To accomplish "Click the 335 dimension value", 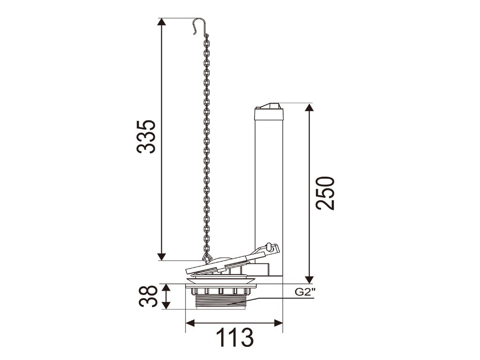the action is coord(146,136).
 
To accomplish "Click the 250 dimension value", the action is coord(325,193).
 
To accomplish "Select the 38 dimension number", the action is coord(148,296).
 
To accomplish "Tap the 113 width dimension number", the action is coord(235,337).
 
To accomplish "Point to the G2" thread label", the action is coord(305,292).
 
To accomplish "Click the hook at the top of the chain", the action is coord(199,26).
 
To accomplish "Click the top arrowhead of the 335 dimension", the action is coord(162,22).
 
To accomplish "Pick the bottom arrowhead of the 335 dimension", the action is coord(162,257).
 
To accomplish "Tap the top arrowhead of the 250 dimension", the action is coord(309,107).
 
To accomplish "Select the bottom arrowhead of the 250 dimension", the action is coord(309,279).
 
